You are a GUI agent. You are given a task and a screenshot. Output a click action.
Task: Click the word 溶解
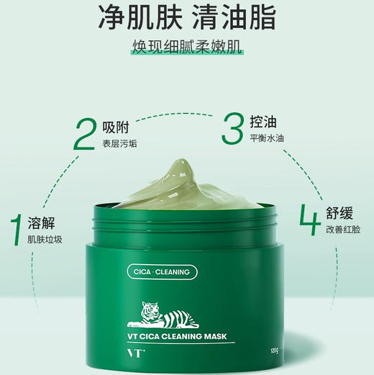[42, 222]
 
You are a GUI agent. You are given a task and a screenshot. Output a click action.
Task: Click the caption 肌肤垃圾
[45, 239]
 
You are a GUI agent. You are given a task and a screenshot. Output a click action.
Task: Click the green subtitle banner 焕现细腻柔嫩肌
[186, 48]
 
